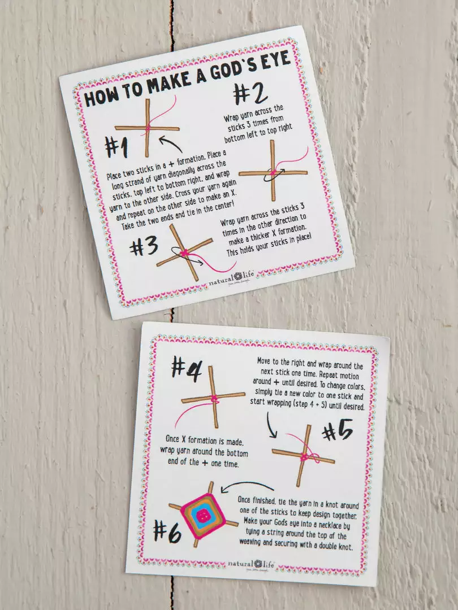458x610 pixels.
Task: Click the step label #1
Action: (117, 147)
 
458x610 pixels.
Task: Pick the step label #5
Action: (337, 433)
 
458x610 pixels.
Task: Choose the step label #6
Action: (167, 531)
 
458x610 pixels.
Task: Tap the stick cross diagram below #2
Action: (273, 171)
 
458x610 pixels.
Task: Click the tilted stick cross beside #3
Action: (184, 252)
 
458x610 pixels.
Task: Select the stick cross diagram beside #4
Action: (213, 398)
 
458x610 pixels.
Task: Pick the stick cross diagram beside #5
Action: (304, 456)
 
